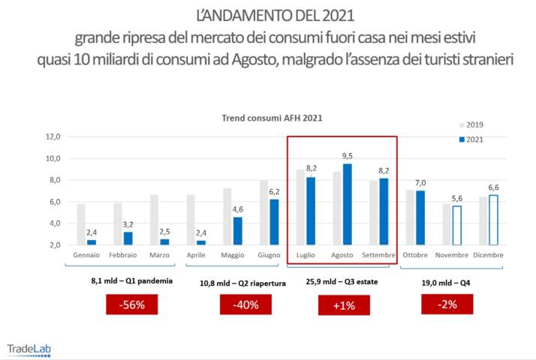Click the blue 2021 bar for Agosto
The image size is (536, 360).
348,204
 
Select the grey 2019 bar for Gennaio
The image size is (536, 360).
81,224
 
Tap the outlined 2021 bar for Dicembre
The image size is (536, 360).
492,220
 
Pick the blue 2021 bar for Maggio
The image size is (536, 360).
238,230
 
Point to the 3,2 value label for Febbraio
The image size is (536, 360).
128,224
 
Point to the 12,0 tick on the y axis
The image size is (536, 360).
53,136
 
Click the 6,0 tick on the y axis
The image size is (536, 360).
53,202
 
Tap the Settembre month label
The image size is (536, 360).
378,255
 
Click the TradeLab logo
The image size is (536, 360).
29,349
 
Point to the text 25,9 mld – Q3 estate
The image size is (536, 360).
342,283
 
